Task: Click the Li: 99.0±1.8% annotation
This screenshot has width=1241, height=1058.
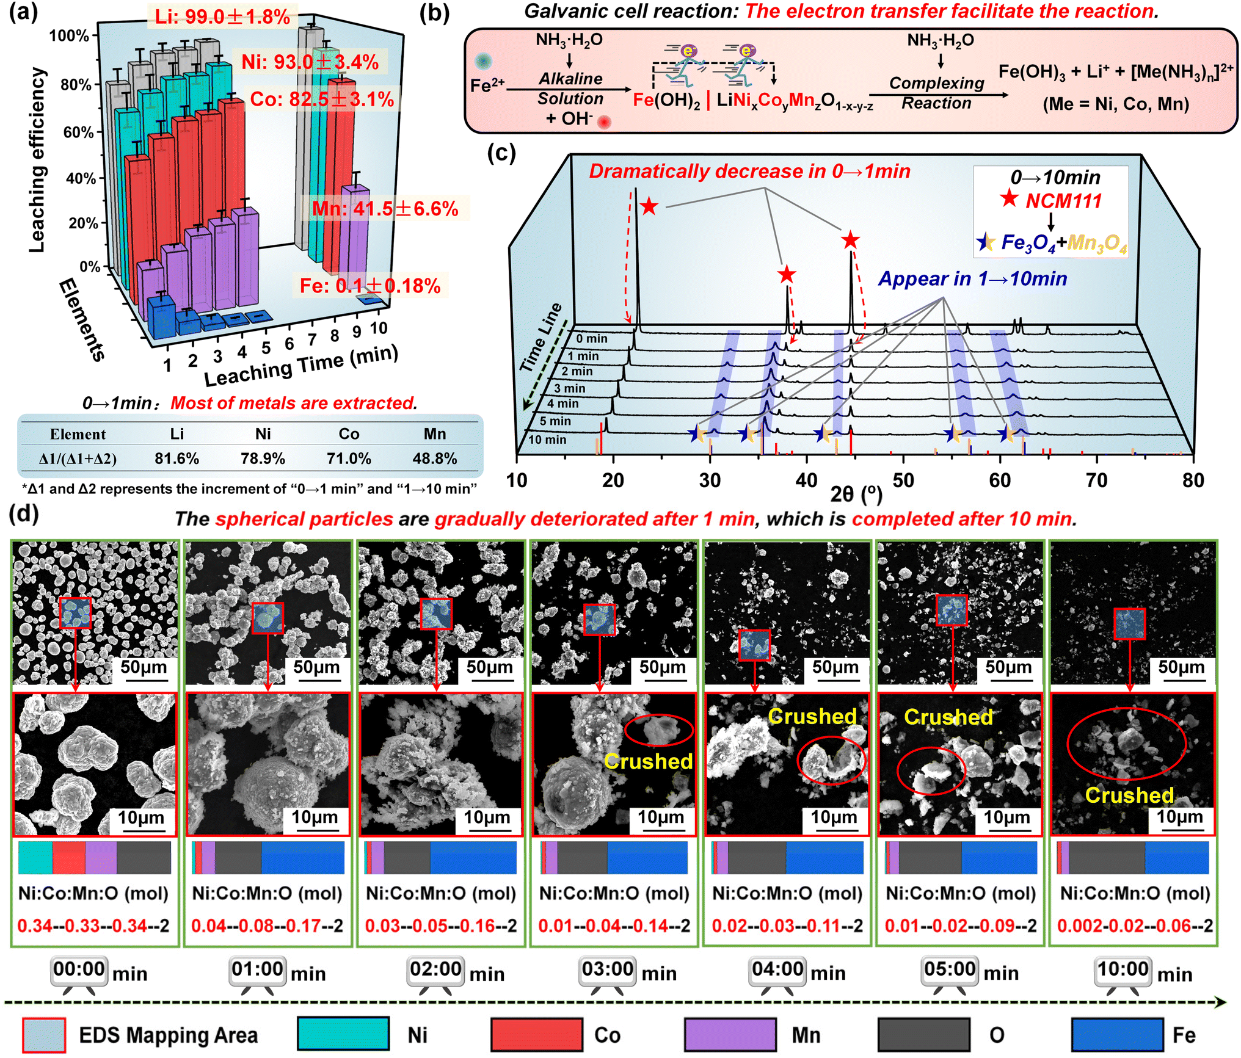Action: pos(222,16)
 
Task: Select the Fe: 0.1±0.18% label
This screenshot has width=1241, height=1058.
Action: pos(370,286)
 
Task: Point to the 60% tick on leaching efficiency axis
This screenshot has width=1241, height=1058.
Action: pos(79,132)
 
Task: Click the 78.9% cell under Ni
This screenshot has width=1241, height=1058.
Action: pos(263,458)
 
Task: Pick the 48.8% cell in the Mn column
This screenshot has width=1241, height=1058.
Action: pos(435,458)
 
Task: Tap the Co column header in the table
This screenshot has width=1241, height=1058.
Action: pos(349,434)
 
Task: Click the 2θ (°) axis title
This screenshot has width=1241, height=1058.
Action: pos(856,493)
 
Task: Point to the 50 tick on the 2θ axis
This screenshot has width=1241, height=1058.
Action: pos(903,480)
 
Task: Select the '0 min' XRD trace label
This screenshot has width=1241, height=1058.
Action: pos(592,339)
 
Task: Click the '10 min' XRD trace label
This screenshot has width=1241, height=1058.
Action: pos(547,440)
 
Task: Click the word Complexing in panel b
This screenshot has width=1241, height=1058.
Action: pos(937,83)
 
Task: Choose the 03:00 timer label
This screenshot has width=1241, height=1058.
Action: pos(608,969)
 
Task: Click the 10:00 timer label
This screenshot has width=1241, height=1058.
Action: pos(1123,969)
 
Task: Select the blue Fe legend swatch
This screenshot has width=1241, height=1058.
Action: pos(1118,1035)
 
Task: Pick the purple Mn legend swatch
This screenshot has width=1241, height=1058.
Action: pos(730,1035)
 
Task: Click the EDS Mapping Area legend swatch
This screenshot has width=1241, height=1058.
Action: pos(44,1035)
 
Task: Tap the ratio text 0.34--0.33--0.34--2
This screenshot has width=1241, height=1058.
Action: pos(93,926)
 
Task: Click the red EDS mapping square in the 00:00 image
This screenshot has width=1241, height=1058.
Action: pos(76,613)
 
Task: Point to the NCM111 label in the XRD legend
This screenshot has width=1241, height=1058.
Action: pos(1063,201)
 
